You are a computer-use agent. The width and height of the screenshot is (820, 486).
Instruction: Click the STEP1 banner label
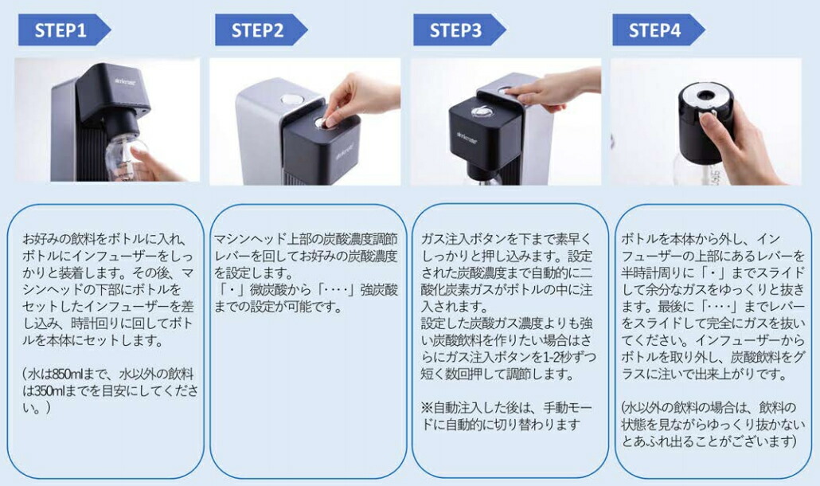click(x=60, y=30)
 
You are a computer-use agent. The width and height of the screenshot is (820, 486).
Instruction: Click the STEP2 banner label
click(x=257, y=30)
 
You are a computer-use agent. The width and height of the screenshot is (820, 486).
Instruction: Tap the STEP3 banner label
click(x=455, y=30)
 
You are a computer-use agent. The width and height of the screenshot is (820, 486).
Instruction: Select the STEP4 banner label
click(x=654, y=30)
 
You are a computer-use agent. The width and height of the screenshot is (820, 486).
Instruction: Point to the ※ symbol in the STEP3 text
click(x=426, y=408)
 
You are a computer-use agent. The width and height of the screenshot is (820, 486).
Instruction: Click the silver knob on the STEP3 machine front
click(x=480, y=113)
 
